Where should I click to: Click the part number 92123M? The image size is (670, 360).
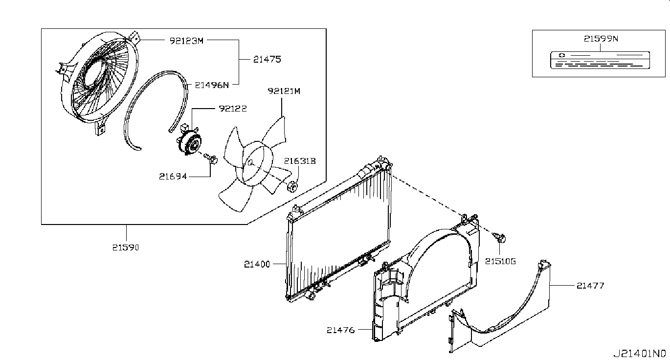[x=186, y=41]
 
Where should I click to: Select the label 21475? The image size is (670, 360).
[x=267, y=59]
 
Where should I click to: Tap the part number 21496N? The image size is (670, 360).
[x=212, y=84]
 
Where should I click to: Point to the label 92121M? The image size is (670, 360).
[x=284, y=91]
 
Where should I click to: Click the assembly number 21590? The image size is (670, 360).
[x=126, y=247]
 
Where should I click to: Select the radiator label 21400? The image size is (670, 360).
[x=257, y=264]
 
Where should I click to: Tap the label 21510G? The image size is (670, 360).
[x=500, y=261]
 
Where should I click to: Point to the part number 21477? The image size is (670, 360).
[x=590, y=286]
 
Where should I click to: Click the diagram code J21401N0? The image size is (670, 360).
[x=640, y=352]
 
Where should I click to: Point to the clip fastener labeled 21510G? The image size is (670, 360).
[x=500, y=238]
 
